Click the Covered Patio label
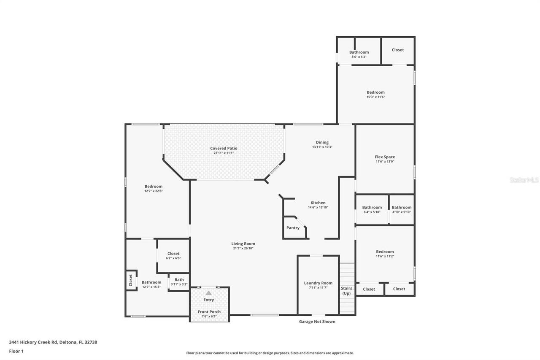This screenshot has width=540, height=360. [x=224, y=148]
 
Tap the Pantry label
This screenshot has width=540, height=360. [x=293, y=228]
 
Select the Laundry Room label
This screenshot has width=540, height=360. [x=318, y=283]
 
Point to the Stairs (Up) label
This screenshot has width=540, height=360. [x=346, y=291]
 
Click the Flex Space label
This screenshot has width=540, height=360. [x=385, y=157]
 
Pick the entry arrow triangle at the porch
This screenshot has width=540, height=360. [x=208, y=292]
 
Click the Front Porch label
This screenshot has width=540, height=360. [x=209, y=312]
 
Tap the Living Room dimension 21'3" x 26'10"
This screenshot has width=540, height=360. [x=243, y=248]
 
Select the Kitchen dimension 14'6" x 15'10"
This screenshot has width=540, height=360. [x=318, y=207]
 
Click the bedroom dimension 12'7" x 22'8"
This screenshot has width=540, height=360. [x=154, y=191]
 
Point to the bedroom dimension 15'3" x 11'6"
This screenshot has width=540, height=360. [x=375, y=97]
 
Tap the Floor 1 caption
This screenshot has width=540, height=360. [x=16, y=351]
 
